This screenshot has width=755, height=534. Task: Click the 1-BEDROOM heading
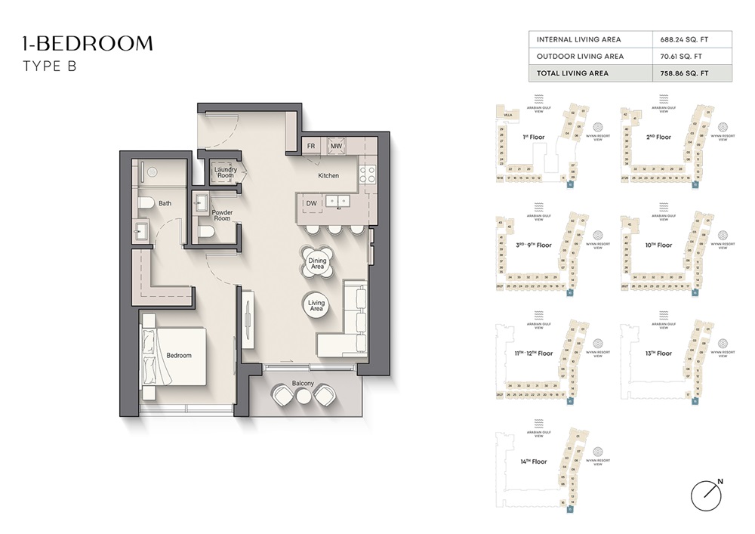tap(88, 44)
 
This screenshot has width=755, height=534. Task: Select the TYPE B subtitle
tap(50, 66)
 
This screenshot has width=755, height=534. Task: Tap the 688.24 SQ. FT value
tap(686, 39)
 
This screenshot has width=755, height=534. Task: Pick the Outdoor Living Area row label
tap(580, 56)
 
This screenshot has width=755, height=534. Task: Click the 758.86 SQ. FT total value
tap(686, 73)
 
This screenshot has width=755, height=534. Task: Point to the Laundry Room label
tap(225, 173)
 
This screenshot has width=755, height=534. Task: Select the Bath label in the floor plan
tap(165, 203)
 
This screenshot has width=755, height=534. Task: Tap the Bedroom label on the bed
tap(179, 355)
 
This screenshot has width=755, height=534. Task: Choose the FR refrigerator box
tap(310, 147)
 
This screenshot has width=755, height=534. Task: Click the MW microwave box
tap(336, 147)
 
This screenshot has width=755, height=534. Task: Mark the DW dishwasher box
tap(311, 202)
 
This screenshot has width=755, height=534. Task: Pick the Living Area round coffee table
tap(316, 305)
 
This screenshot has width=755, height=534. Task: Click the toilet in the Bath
tap(146, 202)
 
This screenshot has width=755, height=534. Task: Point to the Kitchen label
tap(328, 175)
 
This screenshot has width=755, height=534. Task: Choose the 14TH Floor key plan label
tap(533, 461)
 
